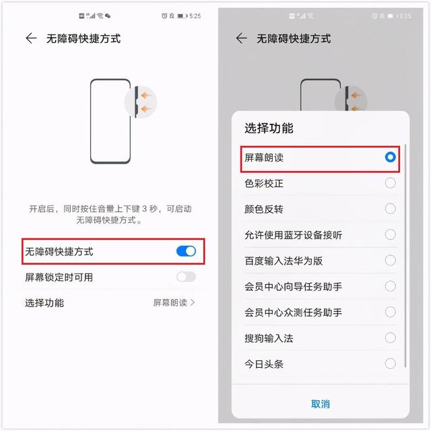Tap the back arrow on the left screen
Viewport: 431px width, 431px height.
coord(31,38)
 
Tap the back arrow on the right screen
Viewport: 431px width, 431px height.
coord(241,38)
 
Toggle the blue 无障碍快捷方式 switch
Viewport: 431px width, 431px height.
coord(186,251)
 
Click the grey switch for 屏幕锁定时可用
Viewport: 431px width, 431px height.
coord(186,277)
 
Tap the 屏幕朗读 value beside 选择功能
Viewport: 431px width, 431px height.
coord(170,302)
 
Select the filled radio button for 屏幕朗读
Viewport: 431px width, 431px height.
coord(391,157)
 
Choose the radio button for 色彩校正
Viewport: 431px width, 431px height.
coord(391,183)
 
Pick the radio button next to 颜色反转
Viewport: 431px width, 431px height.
coord(391,209)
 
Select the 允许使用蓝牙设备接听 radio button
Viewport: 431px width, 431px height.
coord(391,234)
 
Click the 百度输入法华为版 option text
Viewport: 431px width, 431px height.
coord(284,261)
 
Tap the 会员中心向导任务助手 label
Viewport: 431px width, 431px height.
coord(294,286)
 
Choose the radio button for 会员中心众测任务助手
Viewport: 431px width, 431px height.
coord(391,312)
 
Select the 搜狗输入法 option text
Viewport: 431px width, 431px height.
coord(269,338)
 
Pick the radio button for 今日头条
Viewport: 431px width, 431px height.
coord(391,364)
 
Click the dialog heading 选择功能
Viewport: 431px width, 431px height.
coord(269,128)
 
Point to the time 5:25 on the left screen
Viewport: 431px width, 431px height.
coord(195,16)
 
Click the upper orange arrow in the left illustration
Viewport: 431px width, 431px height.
coord(146,96)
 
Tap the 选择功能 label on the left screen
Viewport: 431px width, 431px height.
coord(44,303)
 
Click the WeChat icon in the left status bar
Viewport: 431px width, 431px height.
coord(108,16)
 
